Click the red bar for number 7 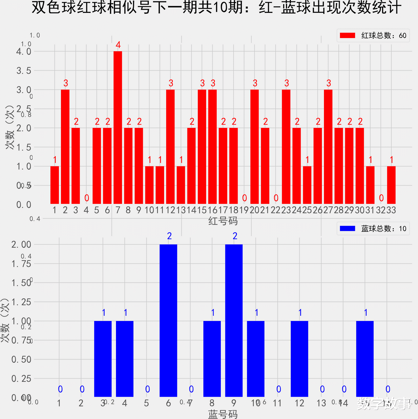click(x=118, y=128)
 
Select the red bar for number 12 click(x=170, y=147)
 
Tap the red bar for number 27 click(x=328, y=147)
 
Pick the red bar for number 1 click(x=55, y=185)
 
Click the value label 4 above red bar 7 click(x=118, y=45)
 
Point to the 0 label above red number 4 click(x=87, y=198)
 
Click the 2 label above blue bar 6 click(x=169, y=236)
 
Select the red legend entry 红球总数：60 click(x=373, y=36)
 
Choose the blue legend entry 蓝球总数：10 click(x=373, y=229)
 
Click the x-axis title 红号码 click(x=223, y=221)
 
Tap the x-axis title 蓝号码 click(x=223, y=414)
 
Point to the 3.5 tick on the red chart click(x=24, y=71)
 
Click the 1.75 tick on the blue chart click(x=21, y=264)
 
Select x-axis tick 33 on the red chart click(x=391, y=210)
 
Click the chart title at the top click(x=216, y=8)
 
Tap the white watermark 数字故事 click(x=385, y=404)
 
